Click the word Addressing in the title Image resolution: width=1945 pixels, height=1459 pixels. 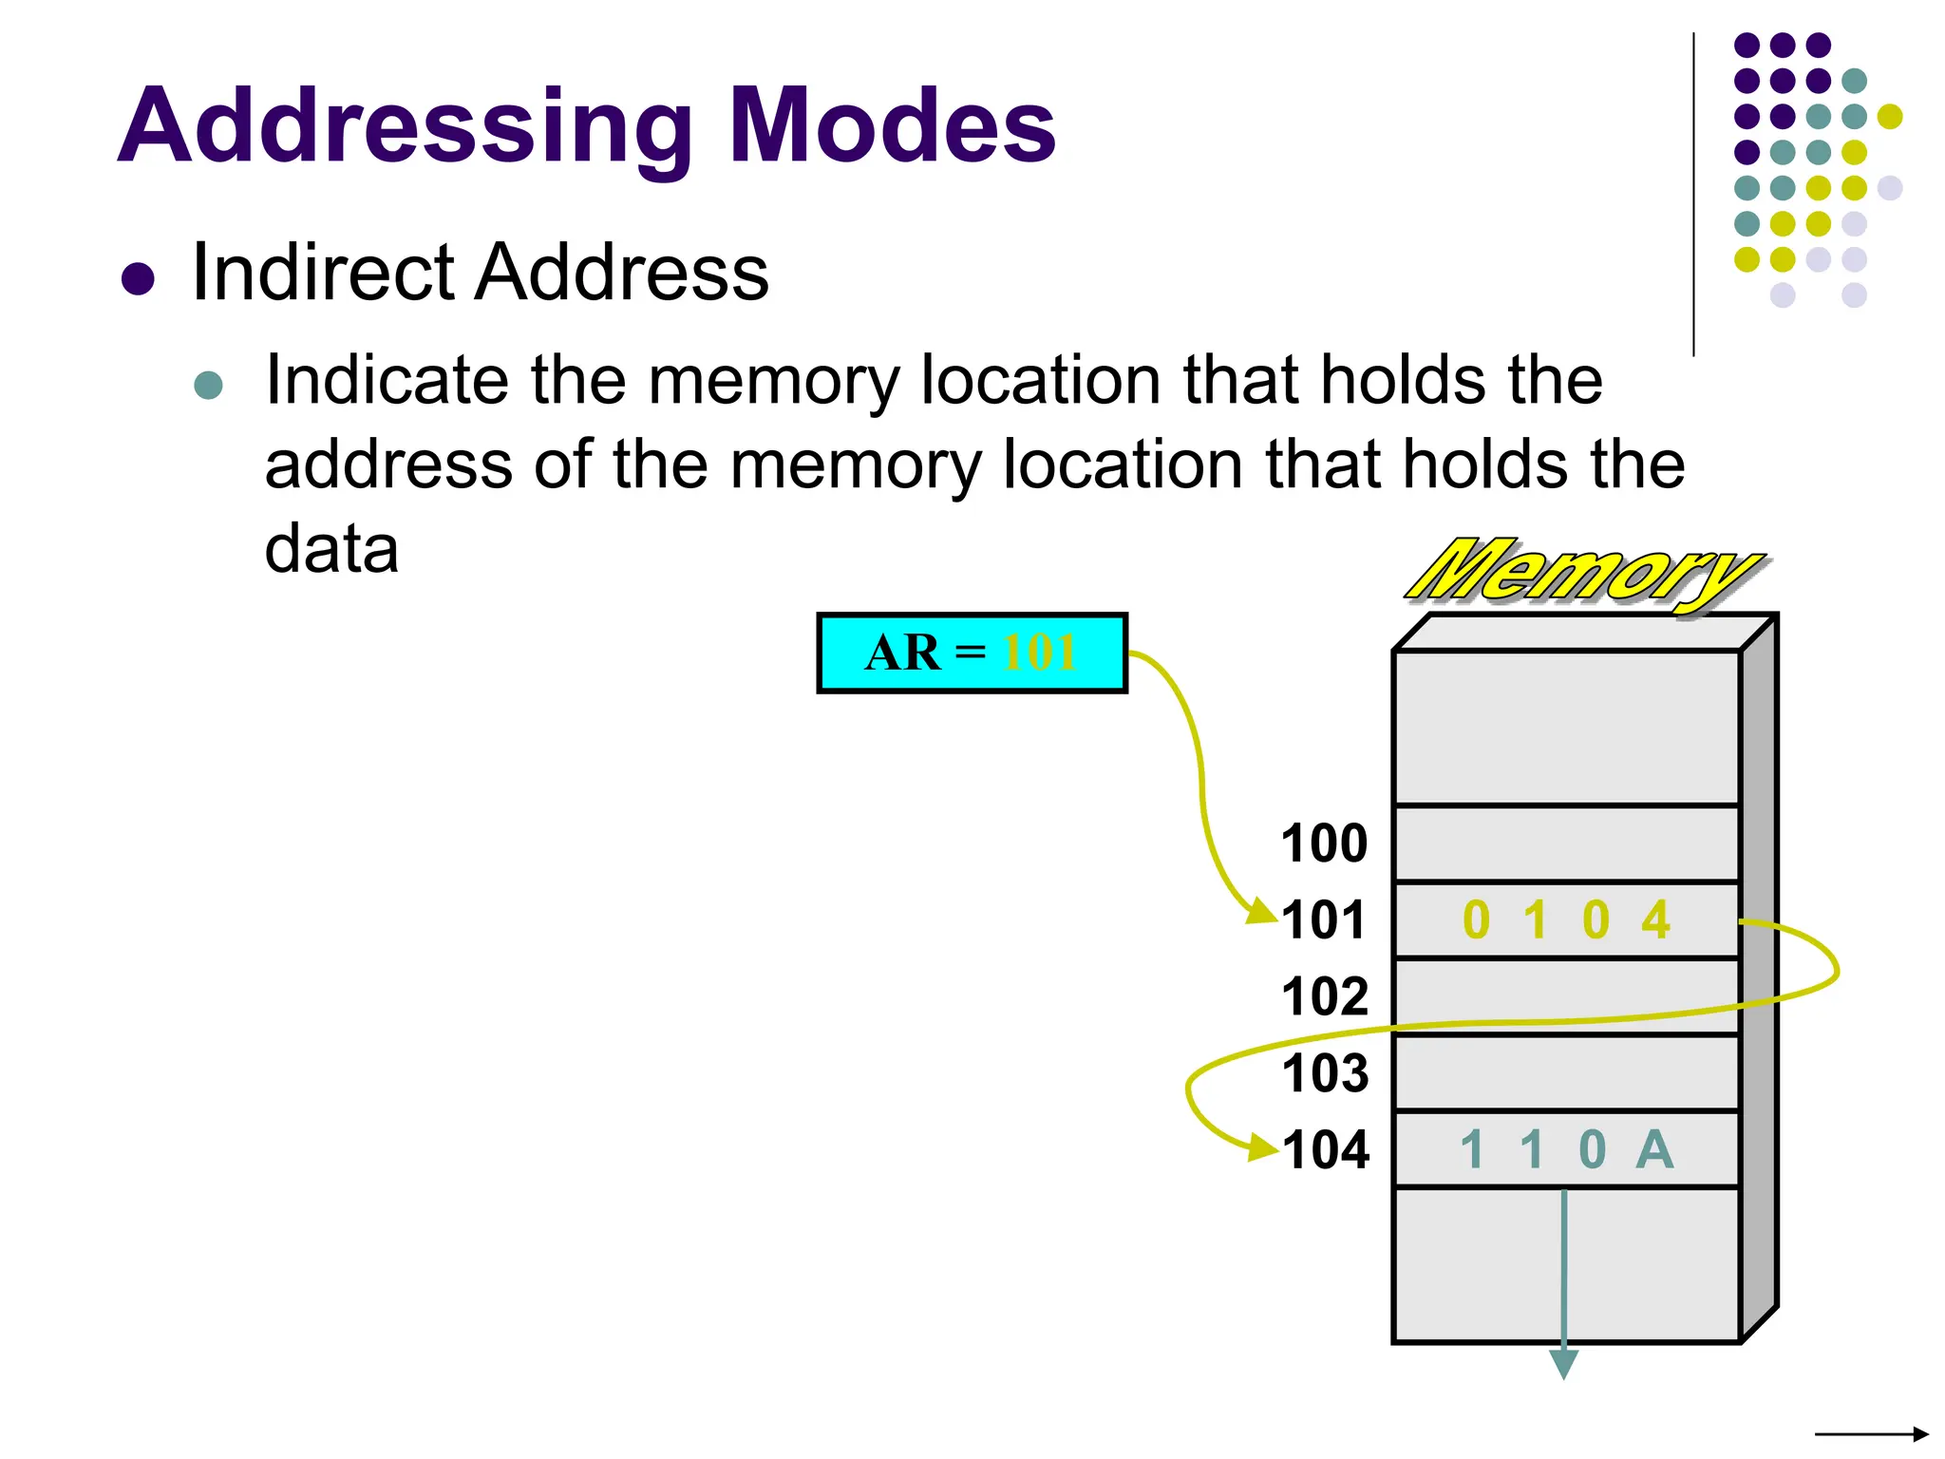click(404, 126)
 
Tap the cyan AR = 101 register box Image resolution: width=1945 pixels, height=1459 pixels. click(972, 654)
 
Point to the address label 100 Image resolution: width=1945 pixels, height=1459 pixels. click(1324, 843)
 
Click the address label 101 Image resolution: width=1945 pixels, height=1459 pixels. click(1324, 919)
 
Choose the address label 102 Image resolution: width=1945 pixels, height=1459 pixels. click(1324, 996)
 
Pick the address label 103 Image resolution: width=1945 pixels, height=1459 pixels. click(1324, 1073)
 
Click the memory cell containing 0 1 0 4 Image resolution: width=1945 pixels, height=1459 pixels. click(1566, 919)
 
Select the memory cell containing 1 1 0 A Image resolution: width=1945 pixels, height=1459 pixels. click(1566, 1149)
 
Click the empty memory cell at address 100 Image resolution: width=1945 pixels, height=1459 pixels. click(1566, 843)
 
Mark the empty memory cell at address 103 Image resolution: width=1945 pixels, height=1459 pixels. click(1566, 1073)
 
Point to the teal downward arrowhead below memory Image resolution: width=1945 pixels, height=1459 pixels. click(1563, 1364)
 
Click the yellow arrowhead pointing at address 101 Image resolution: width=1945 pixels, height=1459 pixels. click(1263, 912)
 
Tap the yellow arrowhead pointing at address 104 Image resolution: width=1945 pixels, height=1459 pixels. click(1263, 1146)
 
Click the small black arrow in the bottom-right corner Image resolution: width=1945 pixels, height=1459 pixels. click(1871, 1433)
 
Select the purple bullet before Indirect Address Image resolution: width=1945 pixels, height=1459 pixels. click(139, 279)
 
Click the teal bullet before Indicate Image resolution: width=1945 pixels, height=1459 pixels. click(208, 385)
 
